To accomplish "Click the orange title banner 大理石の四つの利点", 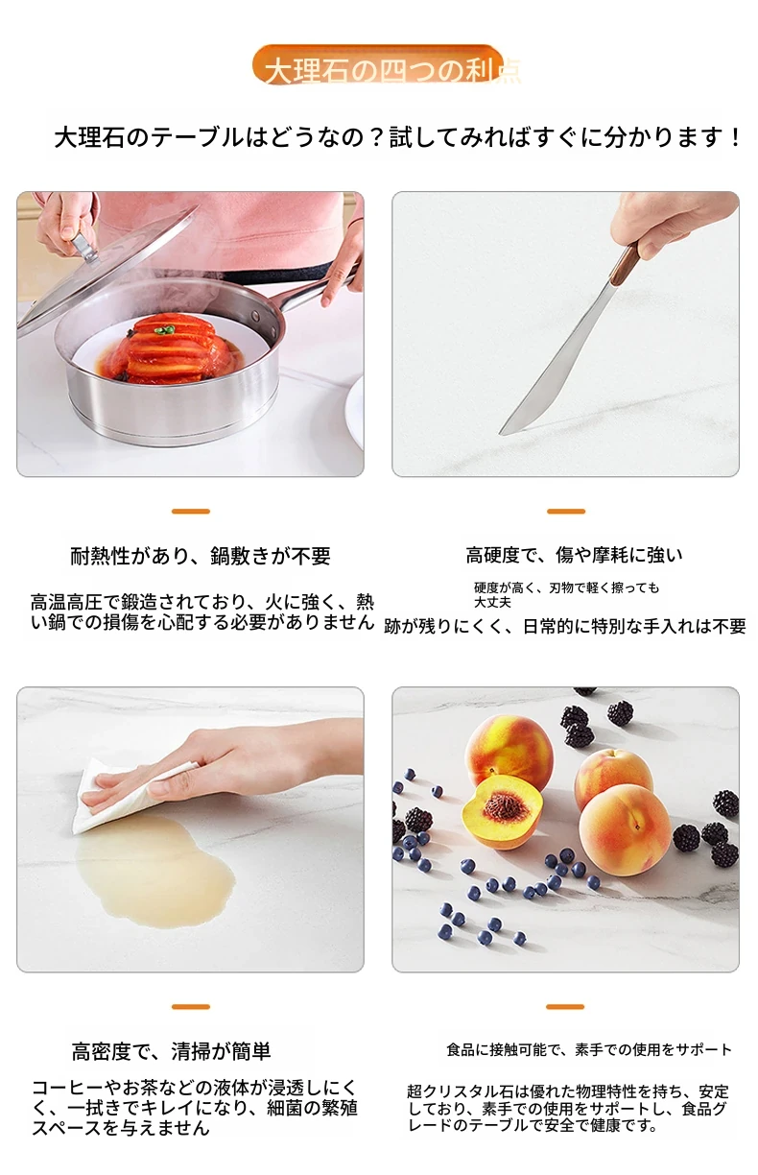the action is pyautogui.click(x=377, y=64).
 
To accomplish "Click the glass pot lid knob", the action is pyautogui.click(x=85, y=246).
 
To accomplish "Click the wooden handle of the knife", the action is pyautogui.click(x=625, y=264).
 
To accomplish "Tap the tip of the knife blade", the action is pyautogui.click(x=501, y=434).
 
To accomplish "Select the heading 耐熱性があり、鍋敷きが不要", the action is pyautogui.click(x=201, y=556).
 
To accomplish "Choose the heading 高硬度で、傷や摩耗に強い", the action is pyautogui.click(x=575, y=555).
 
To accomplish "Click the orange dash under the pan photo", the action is pyautogui.click(x=191, y=511).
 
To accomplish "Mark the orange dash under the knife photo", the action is pyautogui.click(x=566, y=511).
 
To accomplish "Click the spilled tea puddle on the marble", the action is pyautogui.click(x=154, y=875).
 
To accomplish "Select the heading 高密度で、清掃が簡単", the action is pyautogui.click(x=171, y=1050).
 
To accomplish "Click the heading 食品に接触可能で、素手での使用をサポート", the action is pyautogui.click(x=589, y=1049).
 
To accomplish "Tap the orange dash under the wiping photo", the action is pyautogui.click(x=191, y=1007).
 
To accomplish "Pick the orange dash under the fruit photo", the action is pyautogui.click(x=565, y=1007).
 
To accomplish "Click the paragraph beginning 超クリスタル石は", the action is pyautogui.click(x=568, y=1109).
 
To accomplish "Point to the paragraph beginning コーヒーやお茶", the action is pyautogui.click(x=195, y=1108).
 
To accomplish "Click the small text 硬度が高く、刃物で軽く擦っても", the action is pyautogui.click(x=567, y=587).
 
